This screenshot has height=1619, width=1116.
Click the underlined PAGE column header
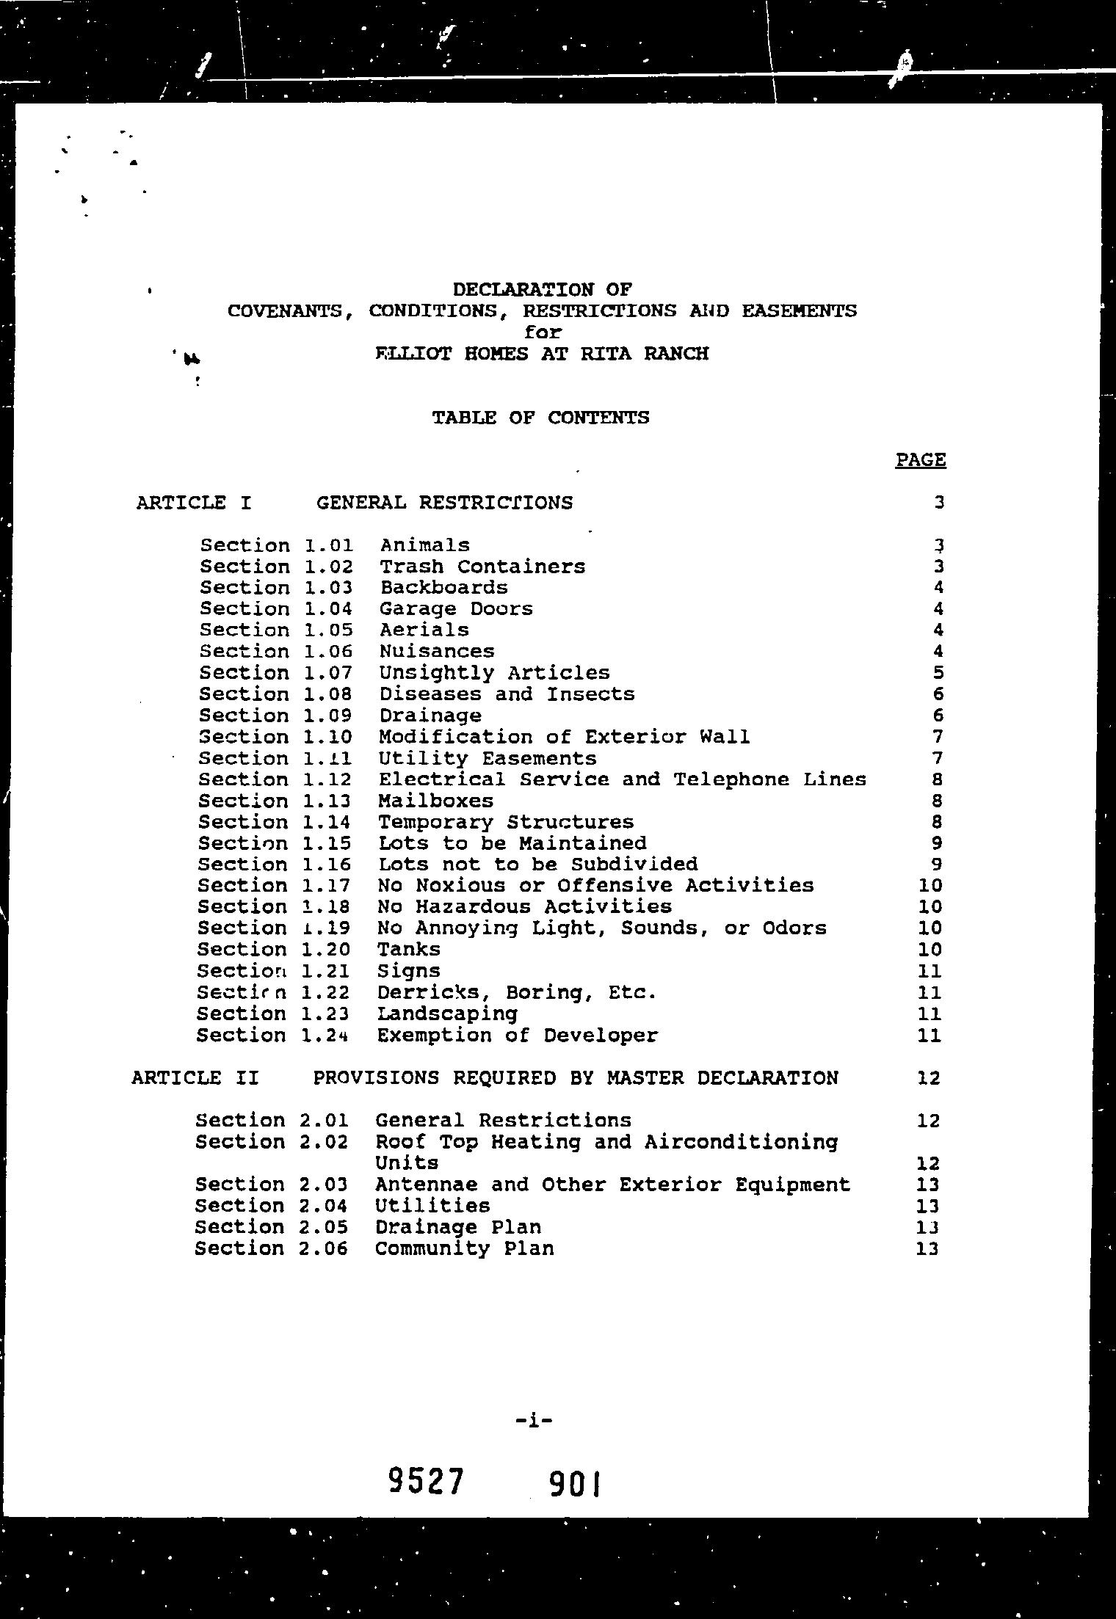pos(921,460)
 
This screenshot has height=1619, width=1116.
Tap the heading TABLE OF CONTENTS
pos(540,418)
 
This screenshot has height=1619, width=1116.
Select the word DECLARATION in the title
pos(523,289)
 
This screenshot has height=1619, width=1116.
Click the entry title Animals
pos(425,545)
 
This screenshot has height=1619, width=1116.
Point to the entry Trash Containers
pos(482,567)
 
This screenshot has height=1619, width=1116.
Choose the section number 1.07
pos(327,673)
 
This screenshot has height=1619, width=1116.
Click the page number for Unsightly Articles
pos(938,673)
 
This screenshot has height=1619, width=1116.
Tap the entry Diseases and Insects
pos(507,694)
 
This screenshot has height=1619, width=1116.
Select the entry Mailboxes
pos(436,801)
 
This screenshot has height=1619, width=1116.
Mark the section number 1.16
pos(327,865)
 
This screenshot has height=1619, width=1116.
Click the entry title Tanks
pos(409,950)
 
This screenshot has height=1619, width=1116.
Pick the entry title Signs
pos(409,971)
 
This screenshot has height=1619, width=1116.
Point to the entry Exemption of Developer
pos(518,1036)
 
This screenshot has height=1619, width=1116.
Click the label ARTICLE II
pos(195,1078)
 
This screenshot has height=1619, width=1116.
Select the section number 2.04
pos(324,1206)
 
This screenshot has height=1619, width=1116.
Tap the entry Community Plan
pos(465,1248)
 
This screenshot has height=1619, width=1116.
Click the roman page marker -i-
pos(534,1420)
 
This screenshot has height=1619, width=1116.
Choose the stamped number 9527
pos(427,1482)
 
